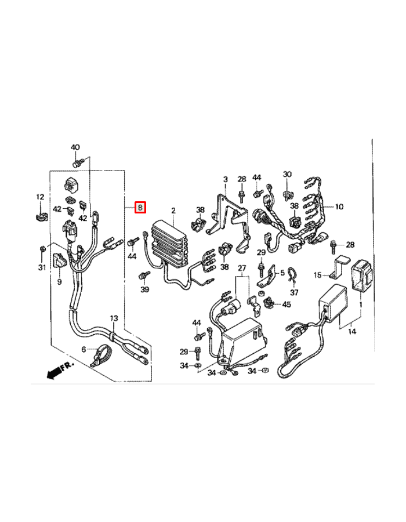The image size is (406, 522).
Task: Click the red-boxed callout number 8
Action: [x=140, y=208]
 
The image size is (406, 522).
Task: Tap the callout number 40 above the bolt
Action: [x=75, y=147]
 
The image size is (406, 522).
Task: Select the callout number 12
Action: [x=40, y=197]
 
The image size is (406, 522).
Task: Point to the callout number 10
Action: [x=339, y=206]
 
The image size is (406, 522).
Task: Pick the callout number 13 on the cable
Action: [x=114, y=318]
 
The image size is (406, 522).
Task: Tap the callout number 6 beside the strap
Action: [x=84, y=349]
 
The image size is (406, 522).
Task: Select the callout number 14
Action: [x=352, y=331]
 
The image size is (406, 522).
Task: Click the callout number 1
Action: [x=361, y=304]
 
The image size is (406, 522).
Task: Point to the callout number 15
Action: [x=318, y=275]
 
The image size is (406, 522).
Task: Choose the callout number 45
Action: [x=287, y=304]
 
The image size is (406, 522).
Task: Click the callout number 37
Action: [x=294, y=292]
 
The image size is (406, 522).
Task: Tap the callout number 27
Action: [x=242, y=268]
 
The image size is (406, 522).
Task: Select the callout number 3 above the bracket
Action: [x=225, y=179]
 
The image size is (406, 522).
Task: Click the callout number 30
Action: [x=287, y=174]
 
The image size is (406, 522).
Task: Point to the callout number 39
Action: [x=144, y=289]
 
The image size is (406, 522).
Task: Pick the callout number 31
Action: [x=42, y=267]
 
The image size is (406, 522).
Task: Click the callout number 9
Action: [x=59, y=282]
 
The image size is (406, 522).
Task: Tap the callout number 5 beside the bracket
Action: [x=282, y=273]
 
